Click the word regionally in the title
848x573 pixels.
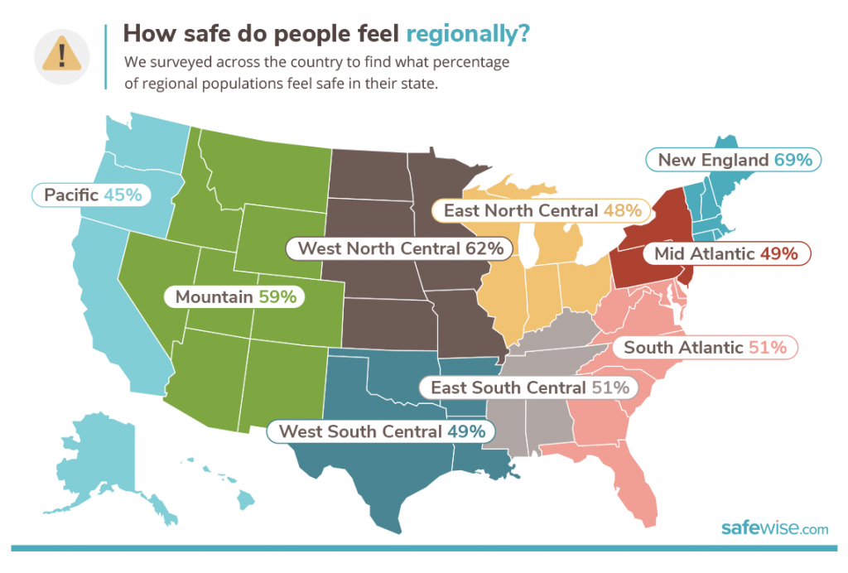coord(468,35)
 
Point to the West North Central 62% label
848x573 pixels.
coord(400,248)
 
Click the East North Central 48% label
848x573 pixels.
coord(542,210)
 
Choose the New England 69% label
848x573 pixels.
coord(734,160)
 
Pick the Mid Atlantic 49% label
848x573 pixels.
coord(725,253)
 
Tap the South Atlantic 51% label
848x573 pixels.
coord(705,347)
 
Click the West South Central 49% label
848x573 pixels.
coord(381,431)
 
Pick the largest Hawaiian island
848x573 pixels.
coord(247,498)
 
